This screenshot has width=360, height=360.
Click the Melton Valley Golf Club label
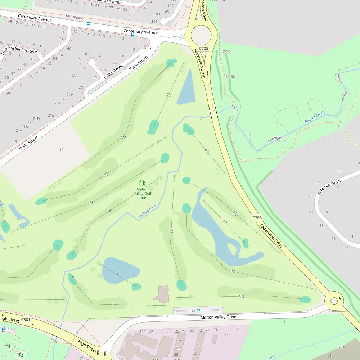tap(142, 194)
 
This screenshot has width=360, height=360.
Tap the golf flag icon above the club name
tap(142, 183)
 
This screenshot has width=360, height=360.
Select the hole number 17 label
tap(168, 95)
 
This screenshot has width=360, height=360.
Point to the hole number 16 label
tap(123, 136)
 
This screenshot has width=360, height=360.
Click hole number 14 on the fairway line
tap(206, 151)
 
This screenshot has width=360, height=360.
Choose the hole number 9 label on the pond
tap(117, 275)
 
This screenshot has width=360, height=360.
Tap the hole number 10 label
tap(242, 296)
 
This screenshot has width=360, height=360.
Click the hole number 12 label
tap(224, 222)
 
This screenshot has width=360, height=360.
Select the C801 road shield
tap(26, 319)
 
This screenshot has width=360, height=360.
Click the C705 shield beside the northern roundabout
tap(204, 48)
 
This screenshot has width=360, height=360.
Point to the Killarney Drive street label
tap(329, 187)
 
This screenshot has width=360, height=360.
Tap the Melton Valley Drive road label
tap(218, 317)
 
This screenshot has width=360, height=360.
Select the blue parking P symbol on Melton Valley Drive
tap(198, 311)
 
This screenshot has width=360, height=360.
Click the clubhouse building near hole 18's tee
tap(162, 294)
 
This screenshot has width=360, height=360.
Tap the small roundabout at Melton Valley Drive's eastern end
tap(334, 301)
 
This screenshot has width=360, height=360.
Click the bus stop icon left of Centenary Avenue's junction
tap(133, 35)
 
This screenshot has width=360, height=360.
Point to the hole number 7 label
tap(92, 203)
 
